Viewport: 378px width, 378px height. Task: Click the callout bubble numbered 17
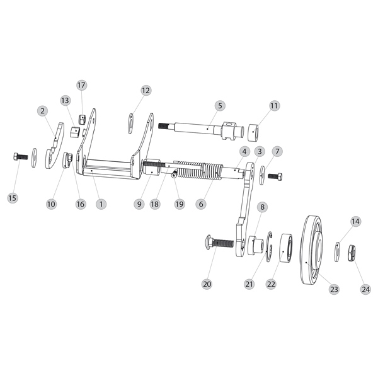pos(81,85)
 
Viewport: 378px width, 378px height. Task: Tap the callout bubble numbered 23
pos(334,289)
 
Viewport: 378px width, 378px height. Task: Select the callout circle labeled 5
pos(220,106)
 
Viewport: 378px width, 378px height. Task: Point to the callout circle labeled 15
pos(13,198)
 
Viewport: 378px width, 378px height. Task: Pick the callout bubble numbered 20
pos(207,284)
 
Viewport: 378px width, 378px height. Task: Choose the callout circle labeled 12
pos(146,90)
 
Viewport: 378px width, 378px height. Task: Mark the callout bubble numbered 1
pos(101,204)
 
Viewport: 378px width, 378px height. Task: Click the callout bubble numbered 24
pos(365,289)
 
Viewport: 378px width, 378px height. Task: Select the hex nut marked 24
pos(352,253)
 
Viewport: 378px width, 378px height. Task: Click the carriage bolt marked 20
pos(219,243)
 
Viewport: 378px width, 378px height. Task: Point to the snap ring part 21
pos(269,247)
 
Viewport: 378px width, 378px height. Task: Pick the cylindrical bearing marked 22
pos(286,247)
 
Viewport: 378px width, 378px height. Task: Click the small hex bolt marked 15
pos(21,157)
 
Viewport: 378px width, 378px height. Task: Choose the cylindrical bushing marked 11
pos(253,132)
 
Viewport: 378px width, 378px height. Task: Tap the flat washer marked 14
pos(337,252)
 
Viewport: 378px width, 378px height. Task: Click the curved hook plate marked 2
pos(54,147)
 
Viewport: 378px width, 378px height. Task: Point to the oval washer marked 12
pos(130,123)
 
